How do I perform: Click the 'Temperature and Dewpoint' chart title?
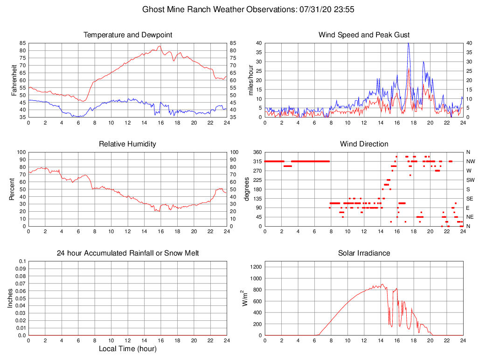[127, 35]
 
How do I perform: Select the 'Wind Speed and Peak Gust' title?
[364, 35]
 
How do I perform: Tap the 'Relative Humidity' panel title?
[127, 144]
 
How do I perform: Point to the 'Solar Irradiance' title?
[364, 253]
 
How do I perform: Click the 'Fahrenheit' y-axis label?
[14, 80]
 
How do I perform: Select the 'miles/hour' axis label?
[251, 80]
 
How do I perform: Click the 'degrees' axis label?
[248, 189]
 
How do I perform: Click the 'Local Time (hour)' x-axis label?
[127, 349]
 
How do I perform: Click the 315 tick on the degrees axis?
[256, 161]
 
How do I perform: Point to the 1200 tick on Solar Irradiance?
[255, 267]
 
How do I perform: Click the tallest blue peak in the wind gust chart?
[408, 44]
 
